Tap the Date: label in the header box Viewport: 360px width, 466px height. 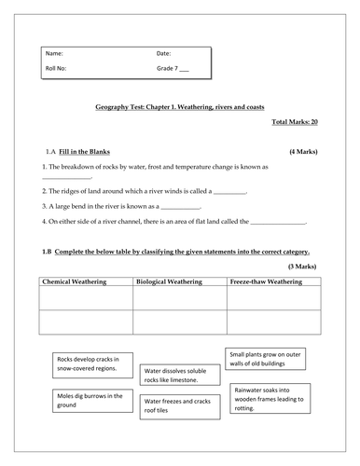click(163, 54)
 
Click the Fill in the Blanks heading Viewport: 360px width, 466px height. click(85, 150)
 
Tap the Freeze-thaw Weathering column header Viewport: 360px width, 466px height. click(274, 281)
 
